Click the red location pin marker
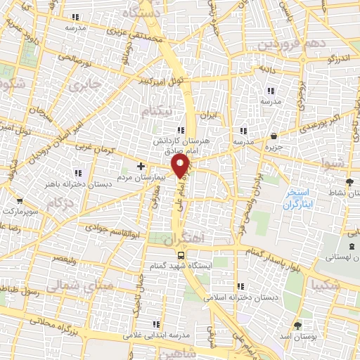181,165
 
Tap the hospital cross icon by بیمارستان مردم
141,167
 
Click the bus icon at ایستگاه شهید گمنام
181,255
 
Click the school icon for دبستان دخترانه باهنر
78,172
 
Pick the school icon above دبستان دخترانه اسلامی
242,286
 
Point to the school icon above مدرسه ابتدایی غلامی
155,324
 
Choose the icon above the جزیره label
273,136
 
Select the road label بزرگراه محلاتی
53,328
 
